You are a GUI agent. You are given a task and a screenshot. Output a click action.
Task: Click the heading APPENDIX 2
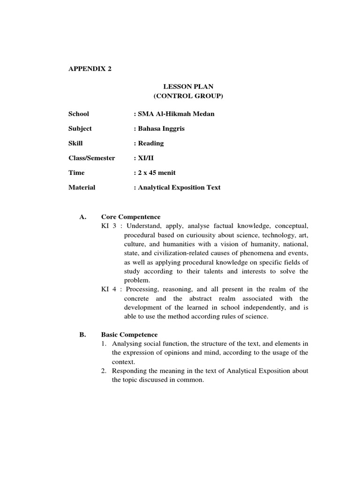click(90, 68)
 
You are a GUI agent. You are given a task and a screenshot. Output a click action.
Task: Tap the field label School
click(78, 114)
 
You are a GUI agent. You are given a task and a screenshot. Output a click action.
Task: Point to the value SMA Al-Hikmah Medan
click(174, 114)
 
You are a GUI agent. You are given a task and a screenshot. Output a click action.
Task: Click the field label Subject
click(80, 128)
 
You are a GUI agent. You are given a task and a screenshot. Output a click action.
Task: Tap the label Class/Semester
click(91, 158)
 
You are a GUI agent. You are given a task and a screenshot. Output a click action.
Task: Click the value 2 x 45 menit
click(155, 172)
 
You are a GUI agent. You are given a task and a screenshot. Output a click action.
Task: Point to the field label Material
click(82, 187)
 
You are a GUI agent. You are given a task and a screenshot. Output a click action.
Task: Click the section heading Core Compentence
click(131, 217)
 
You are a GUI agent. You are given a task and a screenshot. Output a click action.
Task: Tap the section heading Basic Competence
click(129, 335)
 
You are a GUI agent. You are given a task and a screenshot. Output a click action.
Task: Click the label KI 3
click(109, 226)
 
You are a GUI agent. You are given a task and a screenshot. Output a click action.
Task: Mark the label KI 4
click(109, 289)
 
